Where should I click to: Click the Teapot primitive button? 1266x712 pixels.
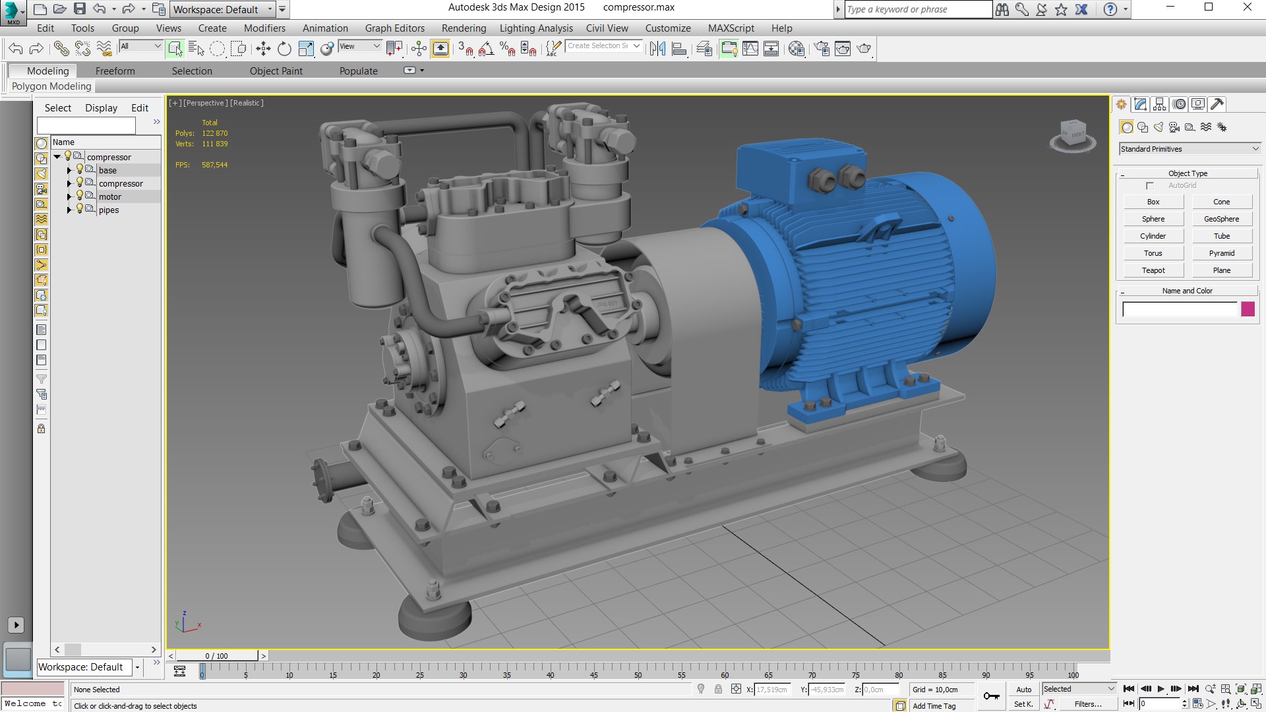1153,270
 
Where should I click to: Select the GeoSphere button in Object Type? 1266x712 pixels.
1221,219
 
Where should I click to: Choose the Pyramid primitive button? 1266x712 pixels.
1221,253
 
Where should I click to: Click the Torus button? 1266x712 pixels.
1153,253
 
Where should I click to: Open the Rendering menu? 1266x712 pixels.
464,28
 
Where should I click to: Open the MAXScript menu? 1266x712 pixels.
731,28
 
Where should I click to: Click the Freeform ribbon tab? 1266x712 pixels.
115,71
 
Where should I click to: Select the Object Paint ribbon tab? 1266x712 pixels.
276,71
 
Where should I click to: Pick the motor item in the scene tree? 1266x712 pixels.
110,197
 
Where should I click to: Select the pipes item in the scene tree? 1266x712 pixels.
109,210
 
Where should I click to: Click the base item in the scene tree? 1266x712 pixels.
107,171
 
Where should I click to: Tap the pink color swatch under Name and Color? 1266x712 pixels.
1248,309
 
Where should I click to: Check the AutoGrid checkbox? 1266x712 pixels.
1150,186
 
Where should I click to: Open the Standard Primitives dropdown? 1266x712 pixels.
1190,149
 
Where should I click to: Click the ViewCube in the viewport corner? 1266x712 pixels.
1073,135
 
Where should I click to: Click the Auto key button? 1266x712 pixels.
1023,690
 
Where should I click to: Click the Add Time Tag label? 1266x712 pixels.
934,706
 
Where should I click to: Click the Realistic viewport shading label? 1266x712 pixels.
247,103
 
